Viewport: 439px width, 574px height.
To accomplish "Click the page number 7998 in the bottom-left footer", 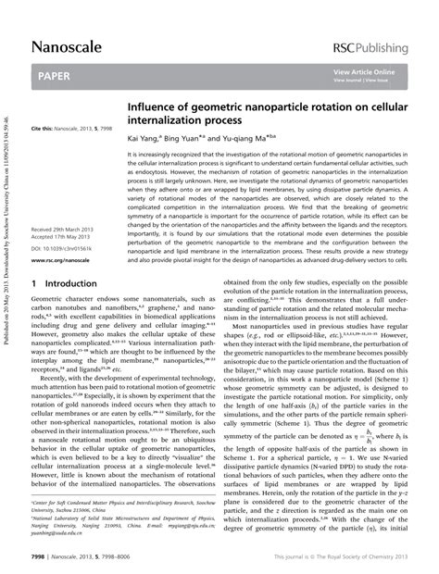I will tap(43, 557).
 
